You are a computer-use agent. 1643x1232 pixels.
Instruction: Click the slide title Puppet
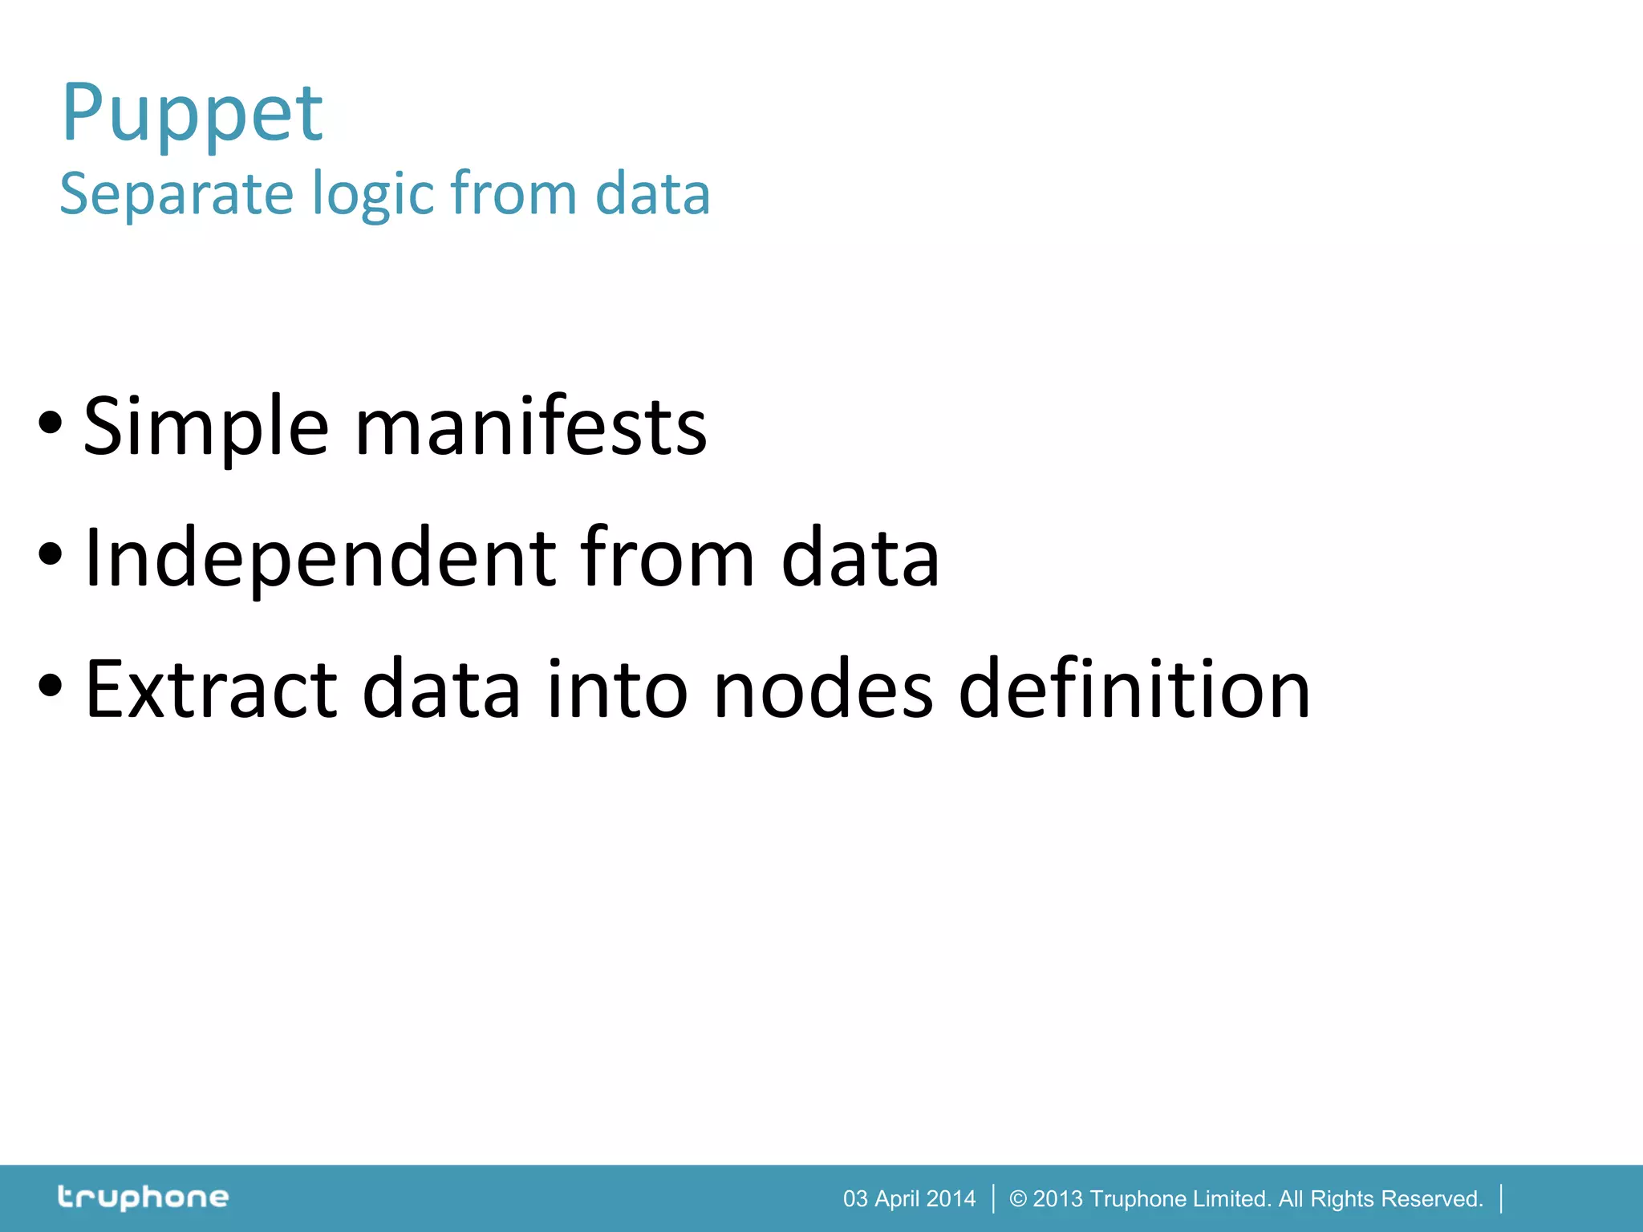pos(193,114)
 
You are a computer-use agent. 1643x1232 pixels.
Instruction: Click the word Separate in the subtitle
pos(177,194)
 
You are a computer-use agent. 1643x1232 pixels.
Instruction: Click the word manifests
pos(530,426)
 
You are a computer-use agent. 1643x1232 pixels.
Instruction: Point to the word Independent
pos(320,558)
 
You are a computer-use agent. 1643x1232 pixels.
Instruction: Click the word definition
pos(1134,688)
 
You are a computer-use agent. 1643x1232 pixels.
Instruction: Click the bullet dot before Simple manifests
pos(50,423)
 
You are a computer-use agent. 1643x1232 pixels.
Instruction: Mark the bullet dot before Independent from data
pos(50,554)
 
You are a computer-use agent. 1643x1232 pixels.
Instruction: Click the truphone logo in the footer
pos(144,1198)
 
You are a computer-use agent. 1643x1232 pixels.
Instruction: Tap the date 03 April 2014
pos(909,1198)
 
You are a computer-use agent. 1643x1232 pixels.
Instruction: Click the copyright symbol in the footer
pos(1018,1198)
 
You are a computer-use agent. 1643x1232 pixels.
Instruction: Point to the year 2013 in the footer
pos(1057,1198)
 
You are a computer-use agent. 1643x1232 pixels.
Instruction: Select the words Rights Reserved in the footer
pos(1396,1198)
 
